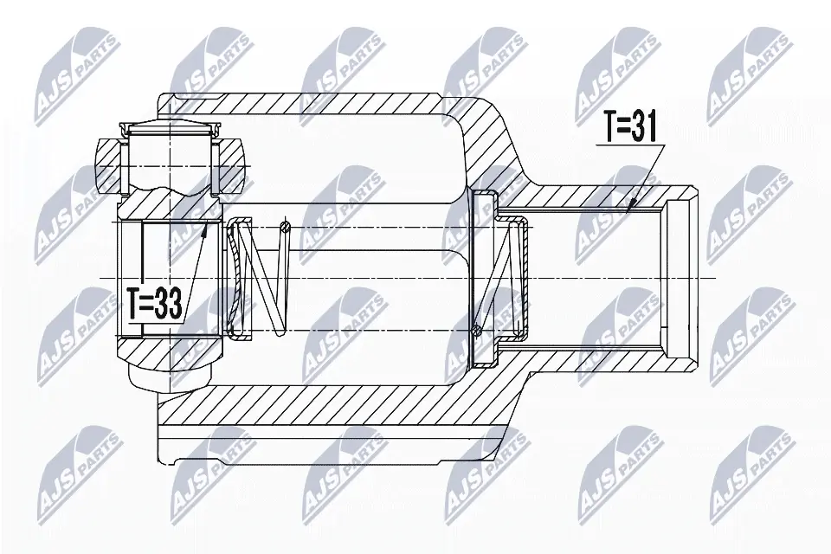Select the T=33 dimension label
click(x=155, y=304)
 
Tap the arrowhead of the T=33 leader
click(x=204, y=228)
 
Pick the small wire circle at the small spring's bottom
click(x=477, y=329)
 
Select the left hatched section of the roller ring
click(x=111, y=164)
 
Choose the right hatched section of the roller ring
click(x=229, y=164)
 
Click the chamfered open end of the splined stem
click(x=684, y=277)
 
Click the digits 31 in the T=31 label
click(x=646, y=129)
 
